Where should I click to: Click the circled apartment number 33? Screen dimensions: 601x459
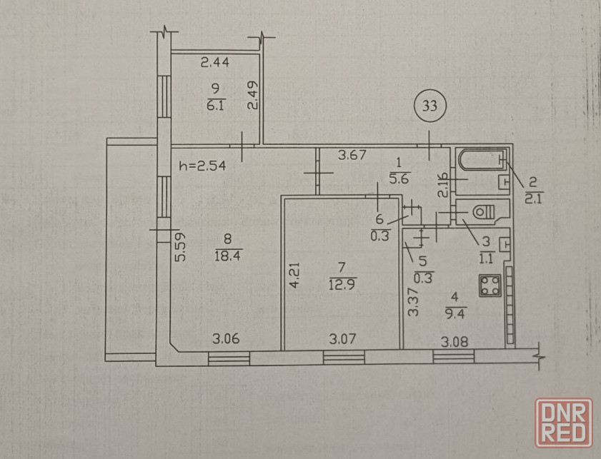tap(429, 105)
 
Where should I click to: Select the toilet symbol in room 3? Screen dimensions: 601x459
tap(484, 212)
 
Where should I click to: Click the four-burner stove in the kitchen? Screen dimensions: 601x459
tap(490, 286)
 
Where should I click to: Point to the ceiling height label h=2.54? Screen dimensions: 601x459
tap(202, 166)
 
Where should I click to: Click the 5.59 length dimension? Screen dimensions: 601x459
tap(180, 247)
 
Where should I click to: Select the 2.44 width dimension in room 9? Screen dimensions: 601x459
tap(215, 62)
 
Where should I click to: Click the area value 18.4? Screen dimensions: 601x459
tap(227, 256)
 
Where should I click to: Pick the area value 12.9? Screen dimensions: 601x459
tap(342, 285)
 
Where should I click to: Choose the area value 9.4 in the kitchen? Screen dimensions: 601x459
tap(455, 314)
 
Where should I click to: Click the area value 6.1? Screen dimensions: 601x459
tap(215, 105)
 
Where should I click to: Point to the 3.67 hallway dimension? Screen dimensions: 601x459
tap(352, 155)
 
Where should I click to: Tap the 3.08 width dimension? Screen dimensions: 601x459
tap(455, 341)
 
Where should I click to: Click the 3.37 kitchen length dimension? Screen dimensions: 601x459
tap(413, 302)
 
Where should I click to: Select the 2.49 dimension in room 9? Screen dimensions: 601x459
tap(253, 96)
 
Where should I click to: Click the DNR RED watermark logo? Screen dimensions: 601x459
tap(564, 423)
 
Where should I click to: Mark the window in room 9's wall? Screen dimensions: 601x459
tap(164, 96)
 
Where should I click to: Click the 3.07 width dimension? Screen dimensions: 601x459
tap(342, 339)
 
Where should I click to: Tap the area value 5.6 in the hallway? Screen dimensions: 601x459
tap(399, 178)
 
